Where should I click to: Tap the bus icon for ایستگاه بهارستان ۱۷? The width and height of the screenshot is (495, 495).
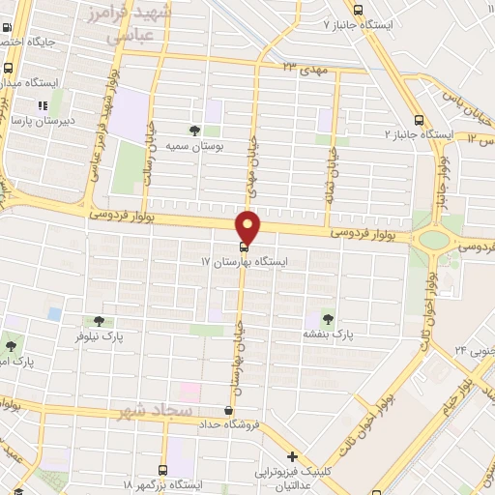pyautogui.click(x=243, y=247)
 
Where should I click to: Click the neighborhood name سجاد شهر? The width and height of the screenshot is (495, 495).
pyautogui.click(x=150, y=411)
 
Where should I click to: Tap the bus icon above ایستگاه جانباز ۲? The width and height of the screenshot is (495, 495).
pyautogui.click(x=418, y=120)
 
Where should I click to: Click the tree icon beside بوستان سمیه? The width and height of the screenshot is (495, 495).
pyautogui.click(x=196, y=130)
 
